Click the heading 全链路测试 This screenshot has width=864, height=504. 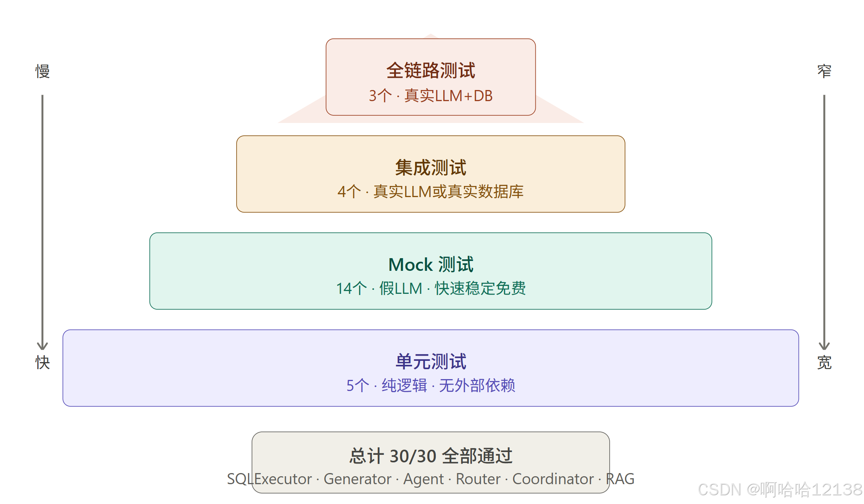click(431, 71)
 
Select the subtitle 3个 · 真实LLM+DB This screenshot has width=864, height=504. click(431, 96)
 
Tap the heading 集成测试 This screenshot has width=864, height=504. click(431, 167)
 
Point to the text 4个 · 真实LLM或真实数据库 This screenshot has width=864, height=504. click(431, 192)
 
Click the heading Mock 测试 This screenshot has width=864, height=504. click(431, 264)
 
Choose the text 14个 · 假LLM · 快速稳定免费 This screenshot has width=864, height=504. click(431, 288)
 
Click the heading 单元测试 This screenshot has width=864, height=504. click(431, 361)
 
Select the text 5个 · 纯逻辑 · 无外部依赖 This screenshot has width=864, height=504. click(431, 385)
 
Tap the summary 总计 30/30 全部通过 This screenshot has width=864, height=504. click(431, 456)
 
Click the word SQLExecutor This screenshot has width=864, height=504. click(269, 479)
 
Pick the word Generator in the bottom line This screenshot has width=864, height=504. click(357, 479)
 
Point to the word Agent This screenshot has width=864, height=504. click(423, 479)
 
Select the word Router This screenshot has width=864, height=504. click(478, 479)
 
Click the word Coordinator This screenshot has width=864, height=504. click(553, 479)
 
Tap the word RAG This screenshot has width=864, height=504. click(620, 479)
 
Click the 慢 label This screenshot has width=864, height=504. click(42, 71)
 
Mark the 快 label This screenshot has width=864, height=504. click(42, 362)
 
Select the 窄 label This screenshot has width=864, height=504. click(824, 71)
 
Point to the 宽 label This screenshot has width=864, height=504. click(824, 362)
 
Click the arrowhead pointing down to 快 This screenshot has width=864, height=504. click(42, 346)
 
